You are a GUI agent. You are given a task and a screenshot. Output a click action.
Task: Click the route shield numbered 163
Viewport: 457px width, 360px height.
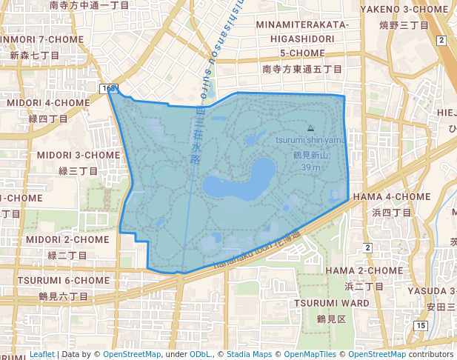pyautogui.click(x=107, y=89)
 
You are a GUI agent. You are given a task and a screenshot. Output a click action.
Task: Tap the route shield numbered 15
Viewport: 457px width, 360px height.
pyautogui.click(x=421, y=325)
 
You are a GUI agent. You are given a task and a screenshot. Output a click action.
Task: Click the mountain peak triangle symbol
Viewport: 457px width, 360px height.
pyautogui.click(x=310, y=127)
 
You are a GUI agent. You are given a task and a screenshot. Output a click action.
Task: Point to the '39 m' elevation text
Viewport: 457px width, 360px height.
pyautogui.click(x=310, y=167)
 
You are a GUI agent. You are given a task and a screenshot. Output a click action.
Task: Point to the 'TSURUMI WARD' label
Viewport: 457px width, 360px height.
pyautogui.click(x=331, y=303)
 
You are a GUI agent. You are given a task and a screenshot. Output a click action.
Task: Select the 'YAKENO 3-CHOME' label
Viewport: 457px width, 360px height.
pyautogui.click(x=405, y=10)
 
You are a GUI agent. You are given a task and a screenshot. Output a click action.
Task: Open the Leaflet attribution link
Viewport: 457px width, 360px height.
pyautogui.click(x=41, y=354)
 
